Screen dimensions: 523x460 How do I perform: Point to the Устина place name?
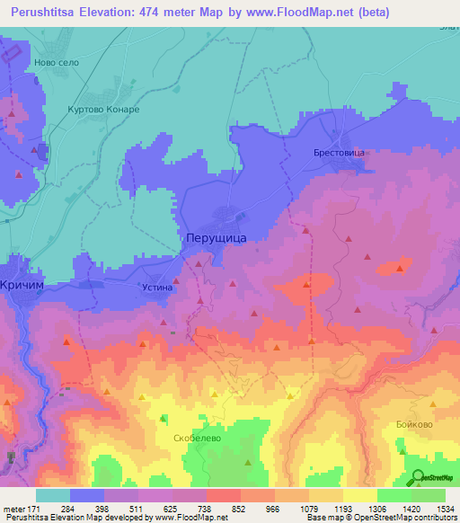[156, 288]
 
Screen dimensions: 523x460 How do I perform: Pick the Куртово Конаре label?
[103, 110]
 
